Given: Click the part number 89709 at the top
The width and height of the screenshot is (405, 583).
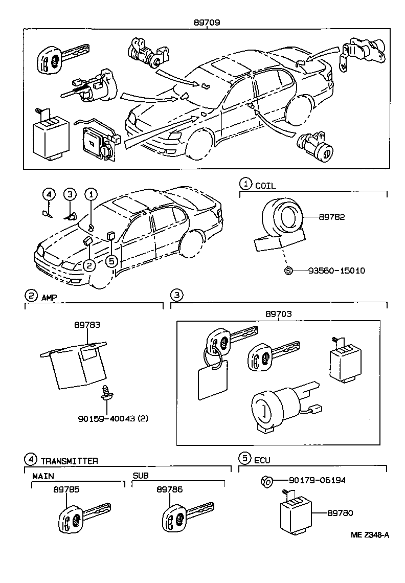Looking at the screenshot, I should click(207, 23).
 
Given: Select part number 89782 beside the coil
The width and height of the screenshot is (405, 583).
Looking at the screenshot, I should click(332, 217).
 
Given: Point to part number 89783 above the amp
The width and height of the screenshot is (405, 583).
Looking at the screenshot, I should click(87, 325).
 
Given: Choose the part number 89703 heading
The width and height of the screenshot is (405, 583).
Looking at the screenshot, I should click(278, 314).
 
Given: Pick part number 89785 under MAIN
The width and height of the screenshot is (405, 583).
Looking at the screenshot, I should click(66, 489).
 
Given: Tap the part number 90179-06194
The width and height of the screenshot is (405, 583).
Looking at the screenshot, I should click(324, 480).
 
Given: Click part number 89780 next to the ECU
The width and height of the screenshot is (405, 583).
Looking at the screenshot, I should click(340, 512).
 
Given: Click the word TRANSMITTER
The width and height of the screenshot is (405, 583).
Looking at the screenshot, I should click(69, 460).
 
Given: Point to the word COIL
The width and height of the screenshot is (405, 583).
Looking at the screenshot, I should click(265, 186).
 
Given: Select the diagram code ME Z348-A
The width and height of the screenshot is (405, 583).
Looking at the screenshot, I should click(370, 535).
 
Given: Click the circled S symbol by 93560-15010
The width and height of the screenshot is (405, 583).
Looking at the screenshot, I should click(288, 270).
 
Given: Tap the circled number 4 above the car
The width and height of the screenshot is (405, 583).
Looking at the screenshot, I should click(49, 194).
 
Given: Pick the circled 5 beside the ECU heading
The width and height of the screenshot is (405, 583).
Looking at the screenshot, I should click(245, 458).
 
